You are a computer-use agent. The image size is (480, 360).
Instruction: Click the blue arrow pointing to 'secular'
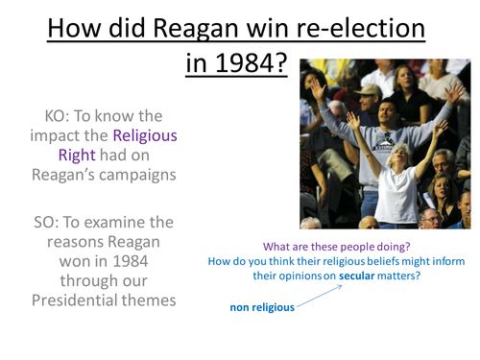(x=331, y=295)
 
